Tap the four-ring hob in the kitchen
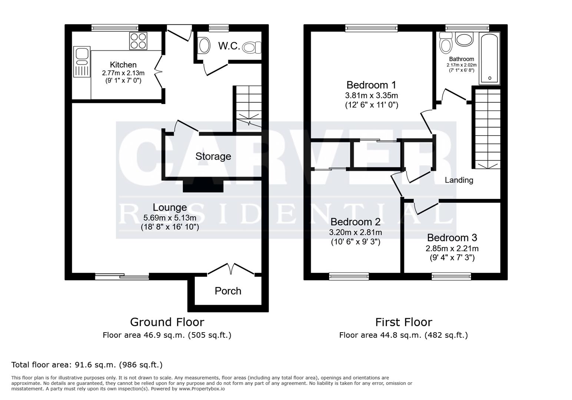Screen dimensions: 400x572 coord(138,41)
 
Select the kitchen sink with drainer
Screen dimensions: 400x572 coord(82,62)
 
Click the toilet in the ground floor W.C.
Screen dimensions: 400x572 coord(252,47)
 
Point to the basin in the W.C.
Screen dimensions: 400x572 coord(204,46)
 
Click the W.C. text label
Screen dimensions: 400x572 coord(229,46)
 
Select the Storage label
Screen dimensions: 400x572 coord(213,156)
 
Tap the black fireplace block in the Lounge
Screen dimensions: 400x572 coord(203,186)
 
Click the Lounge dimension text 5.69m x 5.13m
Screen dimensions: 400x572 coord(170,218)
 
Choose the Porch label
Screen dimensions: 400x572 coord(228,291)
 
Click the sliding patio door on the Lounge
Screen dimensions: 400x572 coord(122,276)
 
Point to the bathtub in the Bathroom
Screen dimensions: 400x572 coord(489,59)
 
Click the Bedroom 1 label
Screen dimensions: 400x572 coord(371,84)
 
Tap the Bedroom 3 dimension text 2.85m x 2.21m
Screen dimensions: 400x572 coord(452,249)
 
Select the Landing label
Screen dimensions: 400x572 coord(459,180)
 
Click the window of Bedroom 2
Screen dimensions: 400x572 coord(349,276)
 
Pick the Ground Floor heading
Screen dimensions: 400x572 coord(167,322)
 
